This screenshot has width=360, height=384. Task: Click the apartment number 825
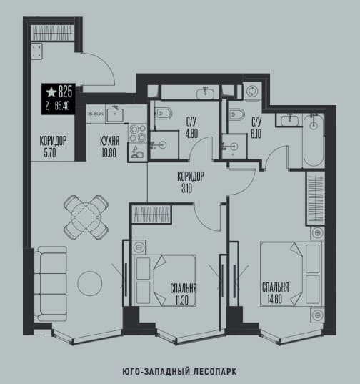coord(65,92)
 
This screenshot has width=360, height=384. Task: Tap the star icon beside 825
coord(51,92)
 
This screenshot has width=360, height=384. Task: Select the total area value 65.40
coord(62,106)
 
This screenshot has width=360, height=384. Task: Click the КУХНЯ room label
coord(110,141)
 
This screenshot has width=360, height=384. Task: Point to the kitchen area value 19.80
coord(109,153)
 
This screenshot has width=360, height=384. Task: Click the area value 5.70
coord(50,153)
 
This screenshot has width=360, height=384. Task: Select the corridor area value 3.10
coord(187,189)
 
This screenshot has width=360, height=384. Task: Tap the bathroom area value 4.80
coord(191,134)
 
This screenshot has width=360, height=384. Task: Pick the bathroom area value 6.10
coord(256,134)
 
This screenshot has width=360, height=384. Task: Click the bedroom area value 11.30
coord(181,300)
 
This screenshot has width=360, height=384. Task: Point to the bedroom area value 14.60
coord(274,300)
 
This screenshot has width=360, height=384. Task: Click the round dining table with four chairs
coord(86,217)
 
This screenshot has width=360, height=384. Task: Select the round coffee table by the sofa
coord(90,283)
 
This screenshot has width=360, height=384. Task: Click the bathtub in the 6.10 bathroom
coord(314,141)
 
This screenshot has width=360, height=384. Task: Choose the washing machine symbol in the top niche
coord(252,91)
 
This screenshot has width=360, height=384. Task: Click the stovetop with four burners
coord(137,134)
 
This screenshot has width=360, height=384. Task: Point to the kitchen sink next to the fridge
coord(115,113)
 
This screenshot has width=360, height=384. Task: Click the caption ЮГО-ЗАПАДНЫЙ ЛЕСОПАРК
coord(179,372)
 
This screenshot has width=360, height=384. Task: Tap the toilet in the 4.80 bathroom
coord(163,114)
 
